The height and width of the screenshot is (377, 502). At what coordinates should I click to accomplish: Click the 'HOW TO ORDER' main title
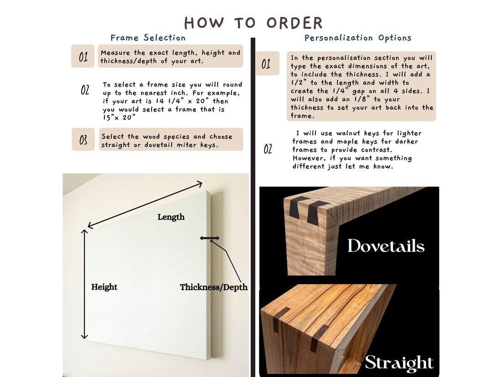253,23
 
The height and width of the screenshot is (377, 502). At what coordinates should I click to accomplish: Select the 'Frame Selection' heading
148,38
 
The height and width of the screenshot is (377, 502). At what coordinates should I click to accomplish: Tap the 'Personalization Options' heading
358,38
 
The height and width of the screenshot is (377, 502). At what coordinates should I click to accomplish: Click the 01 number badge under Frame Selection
83,56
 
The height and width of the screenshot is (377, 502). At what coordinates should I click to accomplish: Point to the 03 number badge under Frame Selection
83,139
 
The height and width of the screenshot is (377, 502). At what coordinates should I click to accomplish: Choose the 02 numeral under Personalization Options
268,149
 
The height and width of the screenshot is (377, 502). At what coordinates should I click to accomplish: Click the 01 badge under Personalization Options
267,64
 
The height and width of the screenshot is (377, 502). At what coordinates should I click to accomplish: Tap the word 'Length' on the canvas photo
171,217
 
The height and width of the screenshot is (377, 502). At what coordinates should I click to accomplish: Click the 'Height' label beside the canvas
104,287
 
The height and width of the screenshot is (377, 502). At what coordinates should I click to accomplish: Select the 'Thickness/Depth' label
214,287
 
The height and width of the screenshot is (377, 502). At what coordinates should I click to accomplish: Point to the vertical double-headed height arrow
84,284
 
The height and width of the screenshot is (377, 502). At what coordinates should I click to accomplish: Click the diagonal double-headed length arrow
145,205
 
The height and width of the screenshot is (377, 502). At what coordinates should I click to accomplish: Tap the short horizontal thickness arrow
210,238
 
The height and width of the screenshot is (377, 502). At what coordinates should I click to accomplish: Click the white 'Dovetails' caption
386,246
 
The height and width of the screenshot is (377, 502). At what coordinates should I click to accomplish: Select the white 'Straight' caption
399,363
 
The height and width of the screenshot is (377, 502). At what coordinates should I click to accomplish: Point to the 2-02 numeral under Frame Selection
85,90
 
